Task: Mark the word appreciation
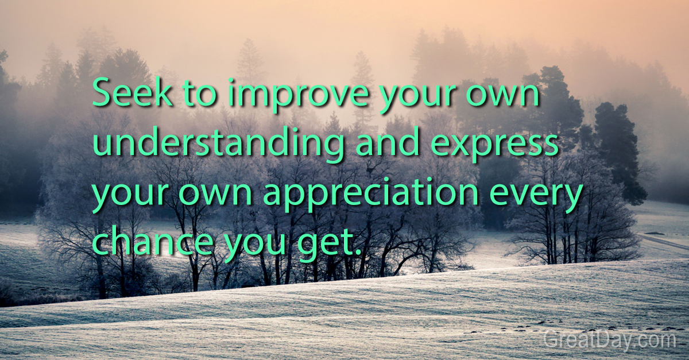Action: point(370,195)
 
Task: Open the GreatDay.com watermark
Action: point(610,340)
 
